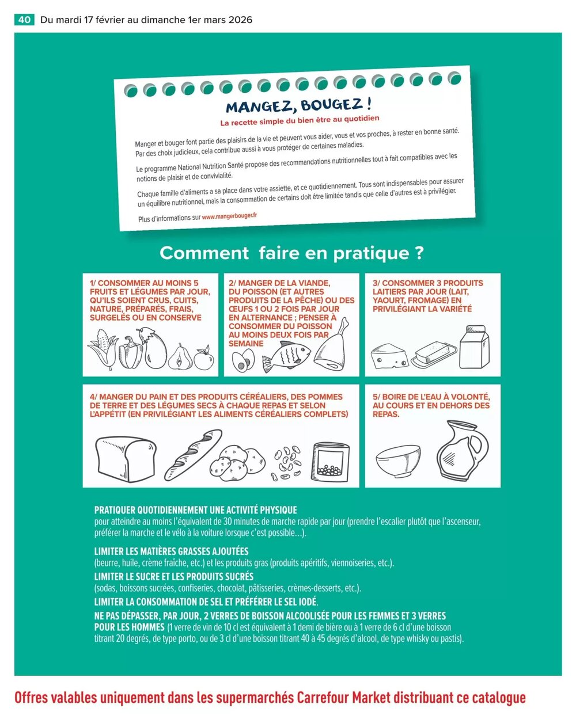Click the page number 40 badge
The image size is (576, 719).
pyautogui.click(x=24, y=20)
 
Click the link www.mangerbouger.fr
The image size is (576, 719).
pyautogui.click(x=229, y=216)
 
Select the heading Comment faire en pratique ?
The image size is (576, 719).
pyautogui.click(x=291, y=253)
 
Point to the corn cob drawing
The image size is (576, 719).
pyautogui.click(x=102, y=350)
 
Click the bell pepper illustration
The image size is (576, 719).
pyautogui.click(x=130, y=352)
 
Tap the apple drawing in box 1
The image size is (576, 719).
pyautogui.click(x=203, y=358)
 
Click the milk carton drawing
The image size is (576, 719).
pyautogui.click(x=477, y=347)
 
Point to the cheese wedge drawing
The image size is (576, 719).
pyautogui.click(x=389, y=356)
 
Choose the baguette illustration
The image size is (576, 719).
pyautogui.click(x=185, y=455)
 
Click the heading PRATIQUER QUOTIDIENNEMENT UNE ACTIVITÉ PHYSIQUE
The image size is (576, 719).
pyautogui.click(x=195, y=510)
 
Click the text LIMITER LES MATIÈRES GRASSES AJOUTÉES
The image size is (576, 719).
pyautogui.click(x=171, y=551)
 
